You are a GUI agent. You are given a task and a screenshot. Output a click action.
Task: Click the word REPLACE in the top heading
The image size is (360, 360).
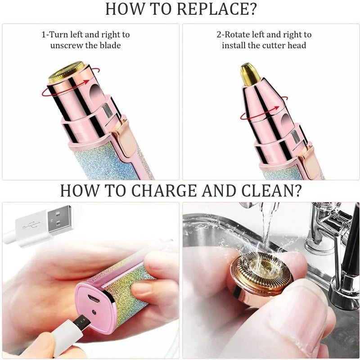click(212, 9)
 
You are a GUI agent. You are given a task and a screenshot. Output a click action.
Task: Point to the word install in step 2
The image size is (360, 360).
click(233, 45)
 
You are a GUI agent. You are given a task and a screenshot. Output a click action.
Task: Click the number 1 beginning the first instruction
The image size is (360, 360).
click(43, 34)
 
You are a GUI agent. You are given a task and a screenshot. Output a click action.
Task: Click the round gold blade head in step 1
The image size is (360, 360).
click(67, 72)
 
